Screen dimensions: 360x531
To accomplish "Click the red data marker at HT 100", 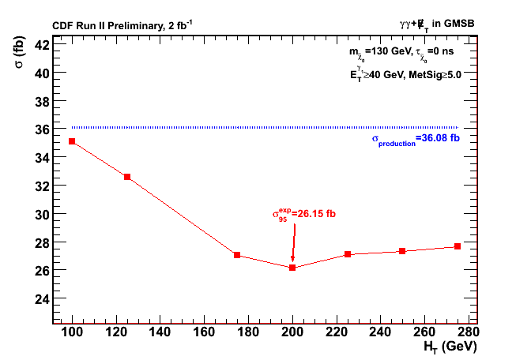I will (x=72, y=141).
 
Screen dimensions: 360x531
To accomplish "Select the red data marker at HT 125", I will (x=127, y=177).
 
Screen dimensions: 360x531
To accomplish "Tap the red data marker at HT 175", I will (x=237, y=255).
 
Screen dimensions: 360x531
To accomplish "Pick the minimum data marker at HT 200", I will (x=292, y=268).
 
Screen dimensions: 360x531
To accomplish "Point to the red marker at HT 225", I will (x=348, y=254).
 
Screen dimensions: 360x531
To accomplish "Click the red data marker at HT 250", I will (x=402, y=251).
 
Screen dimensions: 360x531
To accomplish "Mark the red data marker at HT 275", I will (x=458, y=246).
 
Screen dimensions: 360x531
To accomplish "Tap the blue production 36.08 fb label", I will (x=416, y=139).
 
